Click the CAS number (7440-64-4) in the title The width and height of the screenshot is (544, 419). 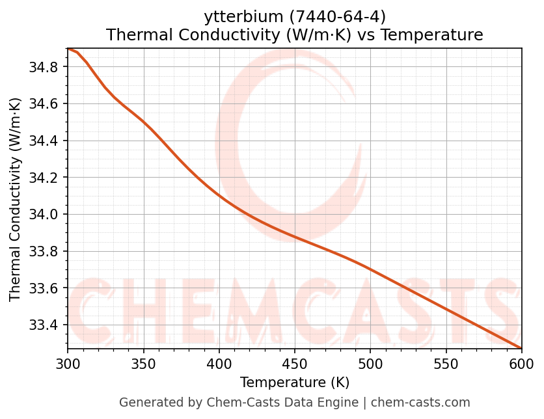tap(331, 16)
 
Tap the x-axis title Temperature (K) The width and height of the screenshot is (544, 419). tap(294, 382)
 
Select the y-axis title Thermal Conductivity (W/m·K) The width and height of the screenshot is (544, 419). tap(16, 199)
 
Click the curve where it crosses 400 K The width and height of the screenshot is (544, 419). tap(219, 195)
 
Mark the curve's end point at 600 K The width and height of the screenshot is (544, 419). tap(521, 348)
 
